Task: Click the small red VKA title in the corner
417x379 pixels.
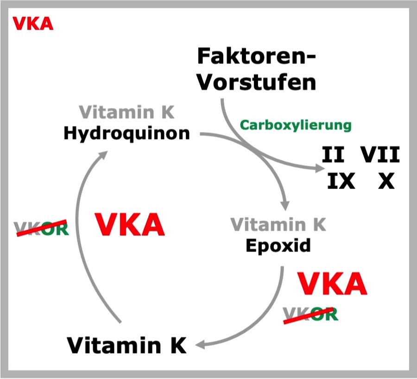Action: click(33, 24)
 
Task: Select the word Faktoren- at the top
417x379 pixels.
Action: click(257, 57)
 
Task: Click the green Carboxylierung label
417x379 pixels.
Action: click(296, 125)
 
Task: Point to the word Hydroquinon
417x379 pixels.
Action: click(127, 133)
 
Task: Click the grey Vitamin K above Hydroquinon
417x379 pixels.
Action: click(126, 112)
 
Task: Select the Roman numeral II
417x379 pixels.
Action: click(333, 155)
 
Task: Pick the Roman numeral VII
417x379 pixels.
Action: click(380, 155)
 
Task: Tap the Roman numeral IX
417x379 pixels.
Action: click(341, 181)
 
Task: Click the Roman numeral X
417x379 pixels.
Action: click(386, 181)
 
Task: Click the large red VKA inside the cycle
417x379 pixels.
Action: click(130, 225)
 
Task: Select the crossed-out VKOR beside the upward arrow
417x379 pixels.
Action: click(42, 228)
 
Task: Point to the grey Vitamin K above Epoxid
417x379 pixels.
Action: click(278, 225)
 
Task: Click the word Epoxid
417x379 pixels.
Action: click(278, 246)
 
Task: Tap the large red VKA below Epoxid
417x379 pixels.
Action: click(332, 284)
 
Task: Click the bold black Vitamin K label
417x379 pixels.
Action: click(126, 345)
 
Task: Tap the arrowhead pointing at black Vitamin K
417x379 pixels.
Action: click(200, 345)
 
